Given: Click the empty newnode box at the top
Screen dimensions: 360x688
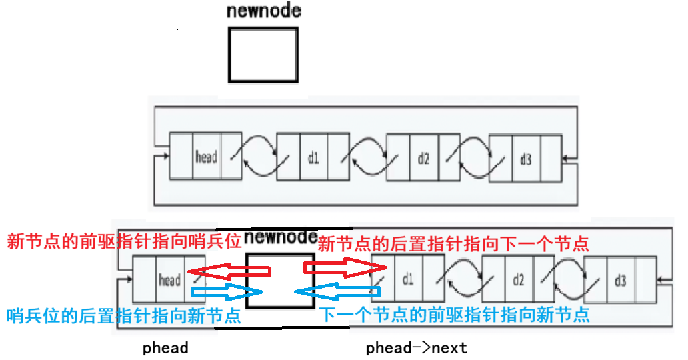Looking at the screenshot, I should coord(263,54).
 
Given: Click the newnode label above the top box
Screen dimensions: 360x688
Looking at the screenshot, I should coord(263,11).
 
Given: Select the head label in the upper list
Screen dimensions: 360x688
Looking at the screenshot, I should coord(206,157).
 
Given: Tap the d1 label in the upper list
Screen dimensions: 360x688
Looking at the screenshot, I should coord(313,159).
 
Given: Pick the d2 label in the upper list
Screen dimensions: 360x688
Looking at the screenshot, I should coord(423,159).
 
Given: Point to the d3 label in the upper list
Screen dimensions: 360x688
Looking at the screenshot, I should coord(525,159).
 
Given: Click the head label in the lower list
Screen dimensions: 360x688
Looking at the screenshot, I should coord(169,280).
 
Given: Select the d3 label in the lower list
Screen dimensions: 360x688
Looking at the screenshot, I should coord(620,280).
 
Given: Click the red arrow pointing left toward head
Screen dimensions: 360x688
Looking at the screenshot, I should coord(229,271).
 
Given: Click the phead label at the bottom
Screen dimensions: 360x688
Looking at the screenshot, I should coord(165,348).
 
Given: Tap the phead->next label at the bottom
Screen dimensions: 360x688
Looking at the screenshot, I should coord(417,348).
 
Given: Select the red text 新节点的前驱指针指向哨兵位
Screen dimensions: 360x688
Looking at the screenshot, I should coord(123,241).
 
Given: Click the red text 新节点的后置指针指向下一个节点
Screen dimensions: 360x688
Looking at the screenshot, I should coord(453,243).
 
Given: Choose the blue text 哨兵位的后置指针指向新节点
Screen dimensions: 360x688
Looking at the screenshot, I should coord(123,316).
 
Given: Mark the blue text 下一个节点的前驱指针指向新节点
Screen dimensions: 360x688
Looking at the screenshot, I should coord(453,315).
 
